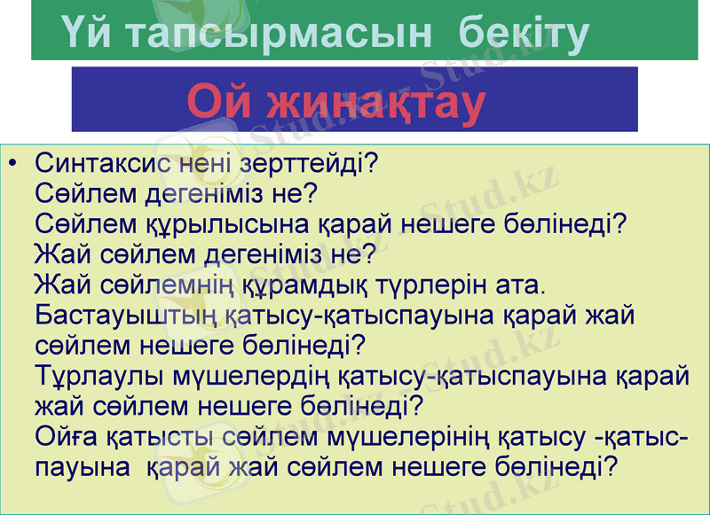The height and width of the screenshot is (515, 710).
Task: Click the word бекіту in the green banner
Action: [x=524, y=33]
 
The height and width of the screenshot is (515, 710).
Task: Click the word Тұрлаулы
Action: [x=99, y=376]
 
